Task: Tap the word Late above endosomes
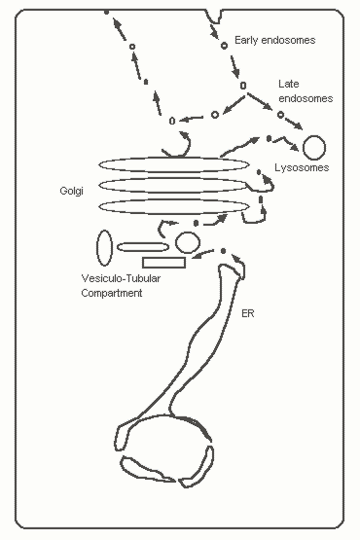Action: click(x=289, y=84)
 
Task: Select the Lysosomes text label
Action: click(x=302, y=167)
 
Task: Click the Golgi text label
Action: click(x=71, y=191)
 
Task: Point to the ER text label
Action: click(x=248, y=313)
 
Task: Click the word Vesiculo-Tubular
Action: click(x=121, y=278)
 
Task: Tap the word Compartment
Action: click(x=112, y=293)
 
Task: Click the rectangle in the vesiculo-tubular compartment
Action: click(x=164, y=258)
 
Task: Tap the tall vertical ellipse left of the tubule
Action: click(x=97, y=248)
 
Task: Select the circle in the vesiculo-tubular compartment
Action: click(x=188, y=233)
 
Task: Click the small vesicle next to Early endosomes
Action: click(x=224, y=46)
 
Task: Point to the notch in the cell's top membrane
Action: click(x=214, y=21)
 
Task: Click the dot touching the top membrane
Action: click(x=106, y=12)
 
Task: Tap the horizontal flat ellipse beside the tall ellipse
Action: click(x=143, y=243)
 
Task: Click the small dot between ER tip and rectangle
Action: click(x=223, y=251)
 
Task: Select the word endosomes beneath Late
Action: click(x=306, y=98)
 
